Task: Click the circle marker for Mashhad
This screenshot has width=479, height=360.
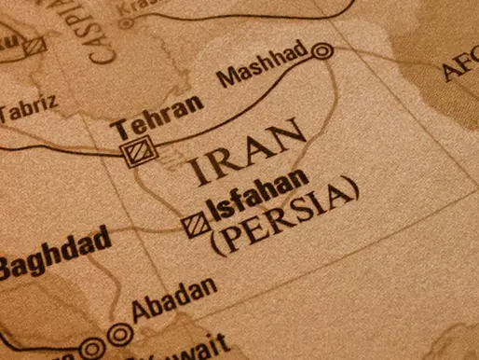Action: click(322, 51)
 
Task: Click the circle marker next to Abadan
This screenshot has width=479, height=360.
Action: click(118, 332)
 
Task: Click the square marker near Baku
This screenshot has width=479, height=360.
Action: click(35, 44)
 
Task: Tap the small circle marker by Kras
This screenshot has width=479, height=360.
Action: click(126, 21)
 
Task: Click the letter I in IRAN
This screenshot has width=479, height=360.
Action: click(196, 174)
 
